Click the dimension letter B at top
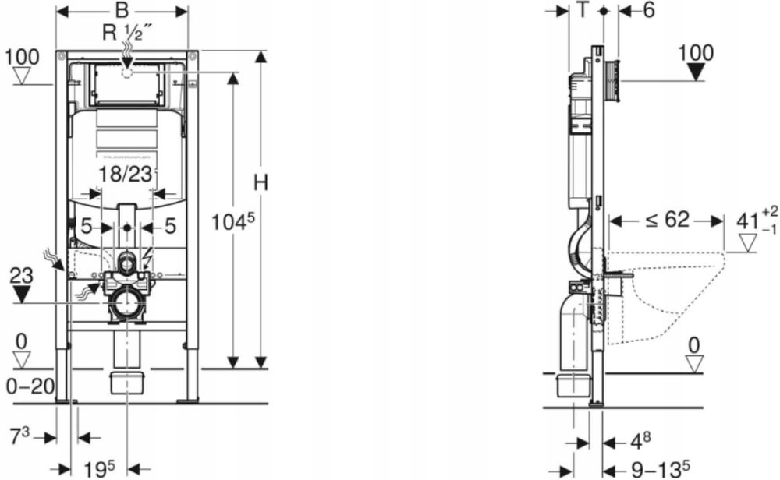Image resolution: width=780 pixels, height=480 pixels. click(x=121, y=12)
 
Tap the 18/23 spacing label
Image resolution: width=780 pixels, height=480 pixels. click(x=126, y=175)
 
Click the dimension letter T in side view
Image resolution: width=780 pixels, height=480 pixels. click(x=582, y=11)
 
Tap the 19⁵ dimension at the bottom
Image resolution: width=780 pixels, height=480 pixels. click(x=99, y=468)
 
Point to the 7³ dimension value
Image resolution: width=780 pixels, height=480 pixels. click(x=20, y=436)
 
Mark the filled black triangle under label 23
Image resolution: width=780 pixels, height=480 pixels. click(x=22, y=294)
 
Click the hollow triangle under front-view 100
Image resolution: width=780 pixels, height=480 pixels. click(x=22, y=76)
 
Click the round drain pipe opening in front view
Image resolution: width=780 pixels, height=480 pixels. click(x=126, y=302)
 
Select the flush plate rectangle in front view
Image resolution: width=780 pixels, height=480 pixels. click(x=127, y=84)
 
